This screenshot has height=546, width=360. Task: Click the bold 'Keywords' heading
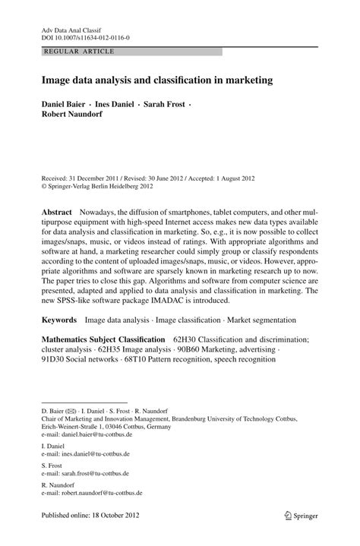(59, 321)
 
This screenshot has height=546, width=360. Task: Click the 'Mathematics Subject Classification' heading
(103, 339)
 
